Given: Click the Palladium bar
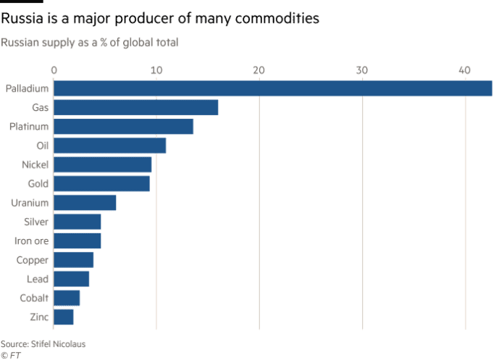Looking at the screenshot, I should [273, 88].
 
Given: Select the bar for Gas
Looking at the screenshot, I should [136, 107].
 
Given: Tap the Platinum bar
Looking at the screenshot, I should [124, 126].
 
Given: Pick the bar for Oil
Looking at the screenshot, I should [110, 145].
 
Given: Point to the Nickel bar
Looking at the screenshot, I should [103, 164].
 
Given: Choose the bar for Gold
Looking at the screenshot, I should [102, 183].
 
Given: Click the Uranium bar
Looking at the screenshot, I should [85, 202].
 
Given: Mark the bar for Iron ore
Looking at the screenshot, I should [77, 240].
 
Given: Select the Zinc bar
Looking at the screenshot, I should [64, 317].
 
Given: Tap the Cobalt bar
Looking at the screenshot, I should [67, 297].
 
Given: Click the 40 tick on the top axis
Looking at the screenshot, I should [465, 70].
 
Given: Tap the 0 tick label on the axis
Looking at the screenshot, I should [54, 70].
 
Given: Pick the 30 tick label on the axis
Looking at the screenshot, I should [362, 70].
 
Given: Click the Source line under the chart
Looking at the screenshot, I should [43, 344].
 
